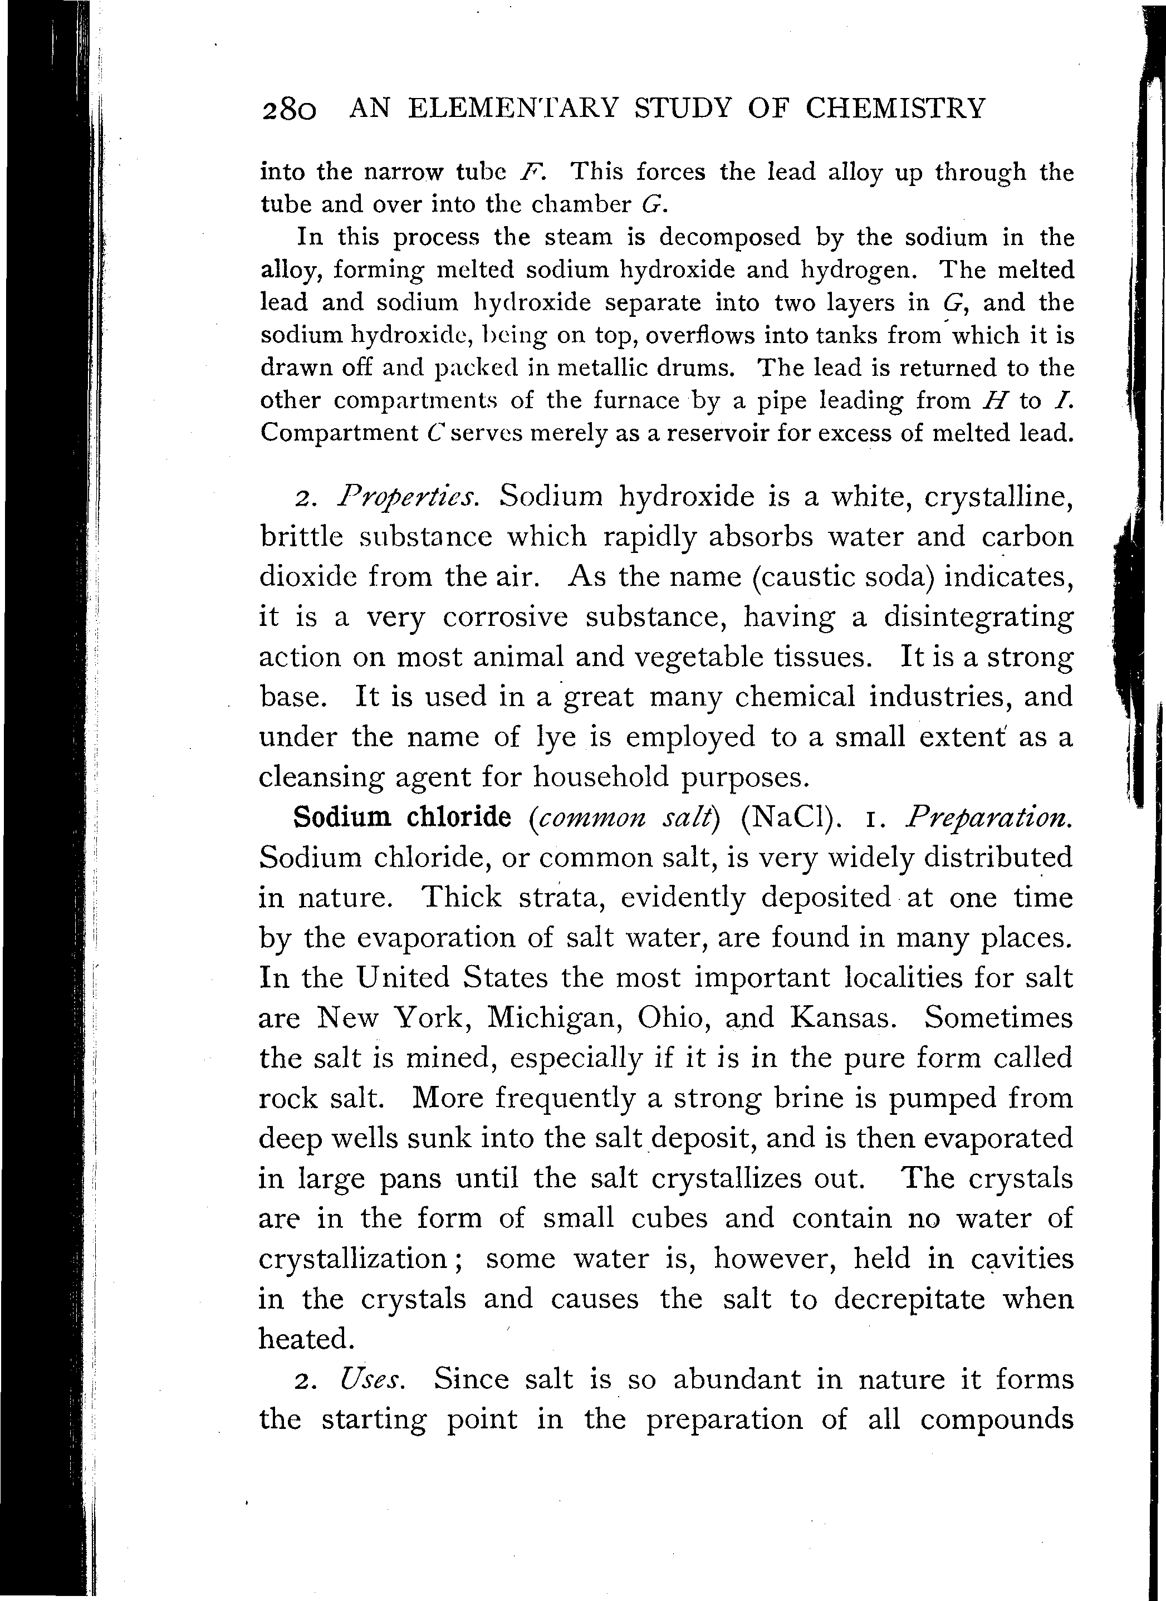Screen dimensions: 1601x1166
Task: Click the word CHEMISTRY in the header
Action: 894,109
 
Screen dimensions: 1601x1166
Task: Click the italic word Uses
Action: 372,1379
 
